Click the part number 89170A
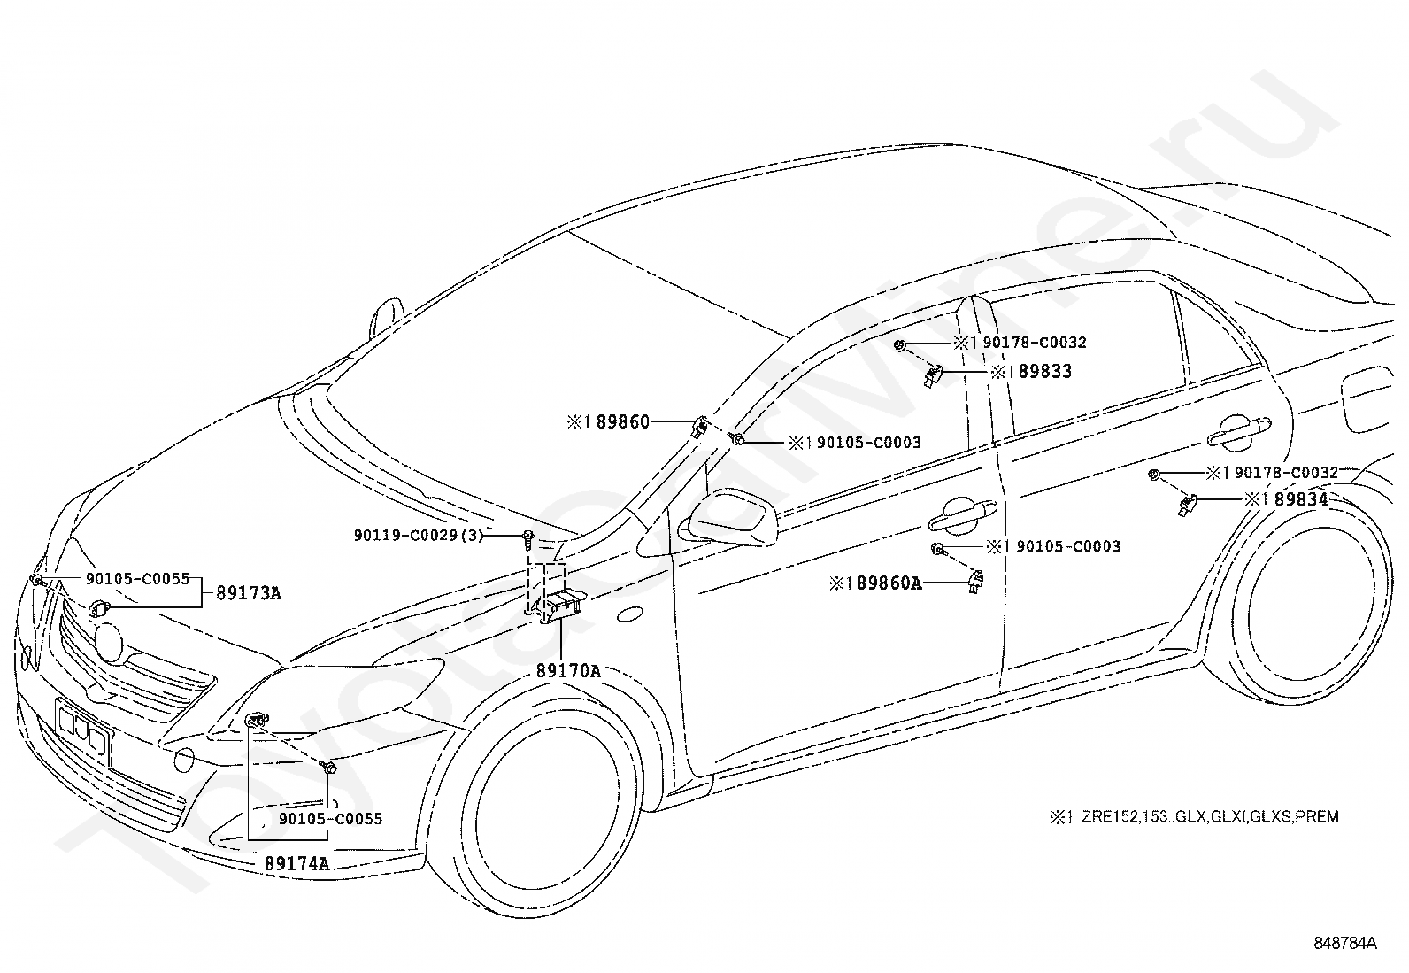[x=568, y=671]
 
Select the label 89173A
[x=249, y=593]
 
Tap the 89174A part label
[x=296, y=863]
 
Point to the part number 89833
[x=1044, y=371]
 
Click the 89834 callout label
[x=1301, y=499]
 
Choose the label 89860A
[x=889, y=583]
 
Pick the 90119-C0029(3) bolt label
[x=419, y=536]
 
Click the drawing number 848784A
[x=1345, y=944]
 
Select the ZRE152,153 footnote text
[x=1210, y=816]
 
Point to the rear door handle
[x=1238, y=431]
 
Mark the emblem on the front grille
[x=109, y=643]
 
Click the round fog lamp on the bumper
[x=184, y=761]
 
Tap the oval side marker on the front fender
[x=629, y=615]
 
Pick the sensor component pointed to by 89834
[x=1186, y=505]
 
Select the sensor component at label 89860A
[x=975, y=582]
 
